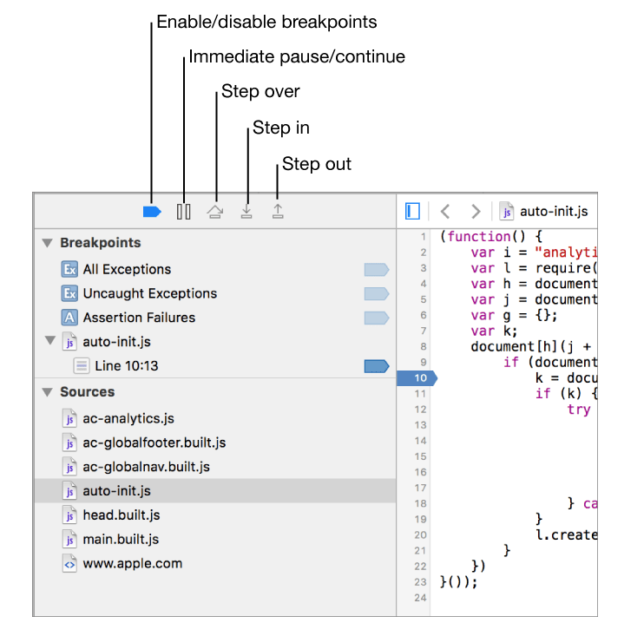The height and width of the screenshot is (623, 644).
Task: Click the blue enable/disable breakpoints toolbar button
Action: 152,212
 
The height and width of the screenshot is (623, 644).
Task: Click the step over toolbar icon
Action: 214,212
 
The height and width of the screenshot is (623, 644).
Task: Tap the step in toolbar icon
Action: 246,212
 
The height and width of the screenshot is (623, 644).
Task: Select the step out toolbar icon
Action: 278,212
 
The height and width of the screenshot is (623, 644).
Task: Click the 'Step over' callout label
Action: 260,91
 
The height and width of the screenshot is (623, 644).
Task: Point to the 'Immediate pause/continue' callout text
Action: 297,56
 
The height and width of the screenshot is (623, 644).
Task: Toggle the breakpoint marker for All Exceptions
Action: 376,269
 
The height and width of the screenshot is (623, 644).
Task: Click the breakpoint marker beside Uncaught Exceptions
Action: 376,293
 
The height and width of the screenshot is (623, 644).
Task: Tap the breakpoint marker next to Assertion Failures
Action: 376,318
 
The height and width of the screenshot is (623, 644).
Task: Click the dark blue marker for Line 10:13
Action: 376,366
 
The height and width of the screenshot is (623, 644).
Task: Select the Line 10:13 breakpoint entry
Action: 127,366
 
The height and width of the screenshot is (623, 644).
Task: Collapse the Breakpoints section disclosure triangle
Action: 48,243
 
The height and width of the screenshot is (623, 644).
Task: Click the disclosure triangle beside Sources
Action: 48,392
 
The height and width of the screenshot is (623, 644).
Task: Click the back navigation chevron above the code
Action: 445,212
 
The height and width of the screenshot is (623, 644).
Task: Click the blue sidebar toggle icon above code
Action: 412,212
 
